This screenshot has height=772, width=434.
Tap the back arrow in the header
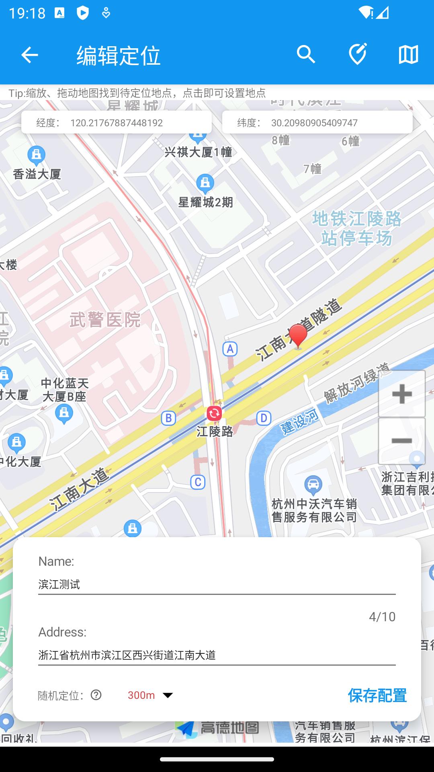point(29,55)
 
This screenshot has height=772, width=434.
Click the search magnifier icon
point(306,54)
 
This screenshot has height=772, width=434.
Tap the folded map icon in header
point(408,54)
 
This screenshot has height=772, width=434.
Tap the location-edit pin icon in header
point(357,54)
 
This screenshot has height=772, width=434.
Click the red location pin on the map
point(298,335)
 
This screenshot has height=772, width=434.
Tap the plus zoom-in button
point(401,394)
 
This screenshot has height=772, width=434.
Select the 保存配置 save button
point(377,695)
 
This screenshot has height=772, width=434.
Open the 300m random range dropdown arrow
point(168,695)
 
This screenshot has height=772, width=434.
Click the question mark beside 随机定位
point(96,695)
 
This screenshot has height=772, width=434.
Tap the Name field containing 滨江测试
point(217,584)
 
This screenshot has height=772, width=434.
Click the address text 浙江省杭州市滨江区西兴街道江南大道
point(127,655)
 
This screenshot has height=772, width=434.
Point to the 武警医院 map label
point(105,320)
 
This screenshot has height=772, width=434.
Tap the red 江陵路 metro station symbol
point(214,413)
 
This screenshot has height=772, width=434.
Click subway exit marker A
point(230,349)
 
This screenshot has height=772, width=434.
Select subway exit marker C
point(198,482)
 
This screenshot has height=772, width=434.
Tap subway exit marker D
point(264,418)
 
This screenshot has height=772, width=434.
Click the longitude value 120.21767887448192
point(117,123)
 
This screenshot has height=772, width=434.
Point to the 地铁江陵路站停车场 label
point(357,228)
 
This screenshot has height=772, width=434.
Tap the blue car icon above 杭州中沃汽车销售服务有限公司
point(313,485)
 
